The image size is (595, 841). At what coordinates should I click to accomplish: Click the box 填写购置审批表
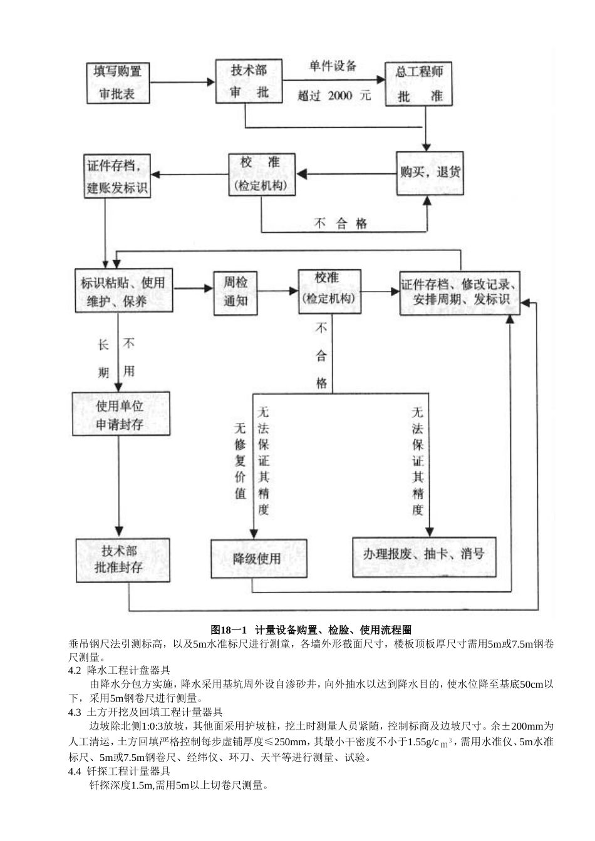tap(118, 83)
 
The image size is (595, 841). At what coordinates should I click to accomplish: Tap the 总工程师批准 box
tap(418, 84)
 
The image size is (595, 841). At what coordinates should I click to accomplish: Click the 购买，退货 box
tap(430, 172)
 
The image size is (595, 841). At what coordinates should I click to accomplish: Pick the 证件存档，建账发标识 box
tap(118, 176)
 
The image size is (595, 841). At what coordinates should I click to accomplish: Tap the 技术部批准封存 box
tap(123, 559)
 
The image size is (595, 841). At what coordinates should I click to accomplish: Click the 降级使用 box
tap(259, 558)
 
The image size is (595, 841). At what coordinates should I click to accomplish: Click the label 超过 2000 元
tap(334, 96)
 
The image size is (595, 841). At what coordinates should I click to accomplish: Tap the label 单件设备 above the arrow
tap(333, 66)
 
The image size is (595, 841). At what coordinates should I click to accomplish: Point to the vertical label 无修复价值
tap(240, 460)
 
